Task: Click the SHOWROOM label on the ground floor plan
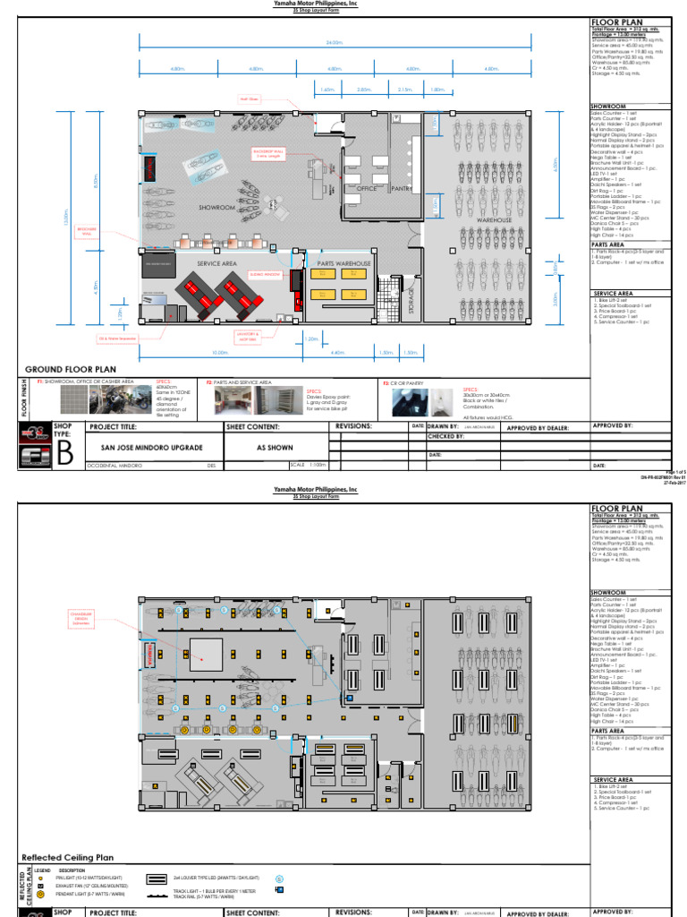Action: pyautogui.click(x=216, y=207)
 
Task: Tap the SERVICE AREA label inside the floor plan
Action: pyautogui.click(x=216, y=263)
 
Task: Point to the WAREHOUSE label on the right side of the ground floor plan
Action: pyautogui.click(x=494, y=219)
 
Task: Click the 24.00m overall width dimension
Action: pyautogui.click(x=335, y=41)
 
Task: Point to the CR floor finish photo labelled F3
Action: pyautogui.click(x=413, y=402)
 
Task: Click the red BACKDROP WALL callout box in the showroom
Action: pyautogui.click(x=267, y=154)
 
